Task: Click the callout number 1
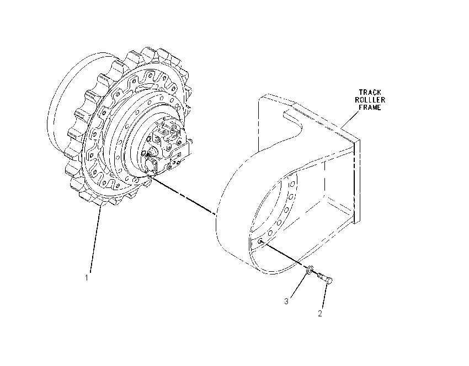coord(87,278)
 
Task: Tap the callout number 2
coord(320,314)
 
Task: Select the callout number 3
coord(286,301)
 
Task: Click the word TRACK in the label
coord(370,92)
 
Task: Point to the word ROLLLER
coord(370,100)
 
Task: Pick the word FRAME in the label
coord(370,107)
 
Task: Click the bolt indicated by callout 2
coord(325,278)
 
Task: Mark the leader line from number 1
coord(95,240)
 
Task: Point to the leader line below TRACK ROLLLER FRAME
coord(350,120)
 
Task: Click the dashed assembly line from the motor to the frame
coord(183,195)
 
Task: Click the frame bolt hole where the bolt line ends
coord(261,241)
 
